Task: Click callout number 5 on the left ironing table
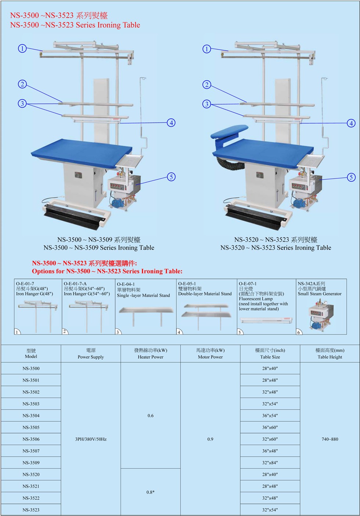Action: pos(171,177)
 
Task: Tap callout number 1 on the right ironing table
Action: pos(207,49)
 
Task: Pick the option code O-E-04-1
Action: pos(126,284)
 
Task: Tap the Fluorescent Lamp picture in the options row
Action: pos(266,320)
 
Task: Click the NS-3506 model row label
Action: pos(31,439)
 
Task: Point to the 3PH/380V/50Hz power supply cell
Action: pos(91,439)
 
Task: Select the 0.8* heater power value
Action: pos(151,492)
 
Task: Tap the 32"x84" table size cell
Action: pos(270,463)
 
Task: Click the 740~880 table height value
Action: pos(330,439)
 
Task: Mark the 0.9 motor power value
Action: pos(210,439)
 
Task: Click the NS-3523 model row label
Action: pos(31,510)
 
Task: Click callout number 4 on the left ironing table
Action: pos(171,122)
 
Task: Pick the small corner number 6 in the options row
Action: pos(299,332)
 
